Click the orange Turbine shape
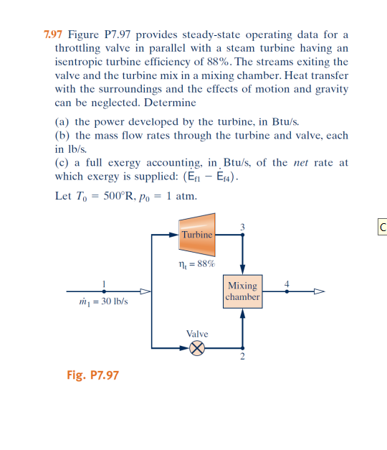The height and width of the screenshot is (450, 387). (x=197, y=235)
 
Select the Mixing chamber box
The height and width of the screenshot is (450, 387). (x=242, y=291)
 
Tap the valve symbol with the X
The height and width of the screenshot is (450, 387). (x=197, y=348)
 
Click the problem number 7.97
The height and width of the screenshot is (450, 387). (x=50, y=34)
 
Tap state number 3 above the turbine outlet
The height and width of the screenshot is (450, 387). (x=242, y=227)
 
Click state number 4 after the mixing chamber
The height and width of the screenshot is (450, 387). (x=287, y=283)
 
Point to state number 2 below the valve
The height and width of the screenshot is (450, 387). (x=242, y=357)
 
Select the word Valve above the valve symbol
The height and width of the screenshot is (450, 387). (x=197, y=334)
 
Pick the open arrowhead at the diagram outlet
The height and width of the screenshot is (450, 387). (x=320, y=291)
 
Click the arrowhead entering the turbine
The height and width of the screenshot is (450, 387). (x=173, y=235)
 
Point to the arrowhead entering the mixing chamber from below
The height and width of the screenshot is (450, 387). (x=242, y=313)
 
